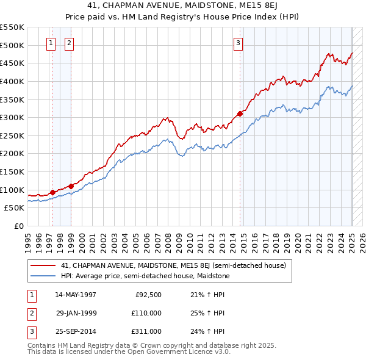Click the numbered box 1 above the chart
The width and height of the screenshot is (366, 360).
50,43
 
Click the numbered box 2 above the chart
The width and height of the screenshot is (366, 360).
69,43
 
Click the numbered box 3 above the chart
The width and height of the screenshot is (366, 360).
237,43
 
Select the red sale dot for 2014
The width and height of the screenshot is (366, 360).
240,113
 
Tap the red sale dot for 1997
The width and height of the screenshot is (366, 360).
52,192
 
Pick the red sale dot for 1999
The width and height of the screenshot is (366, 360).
71,186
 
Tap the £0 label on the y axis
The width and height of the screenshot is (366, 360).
19,226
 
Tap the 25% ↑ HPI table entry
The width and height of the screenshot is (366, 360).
207,313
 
